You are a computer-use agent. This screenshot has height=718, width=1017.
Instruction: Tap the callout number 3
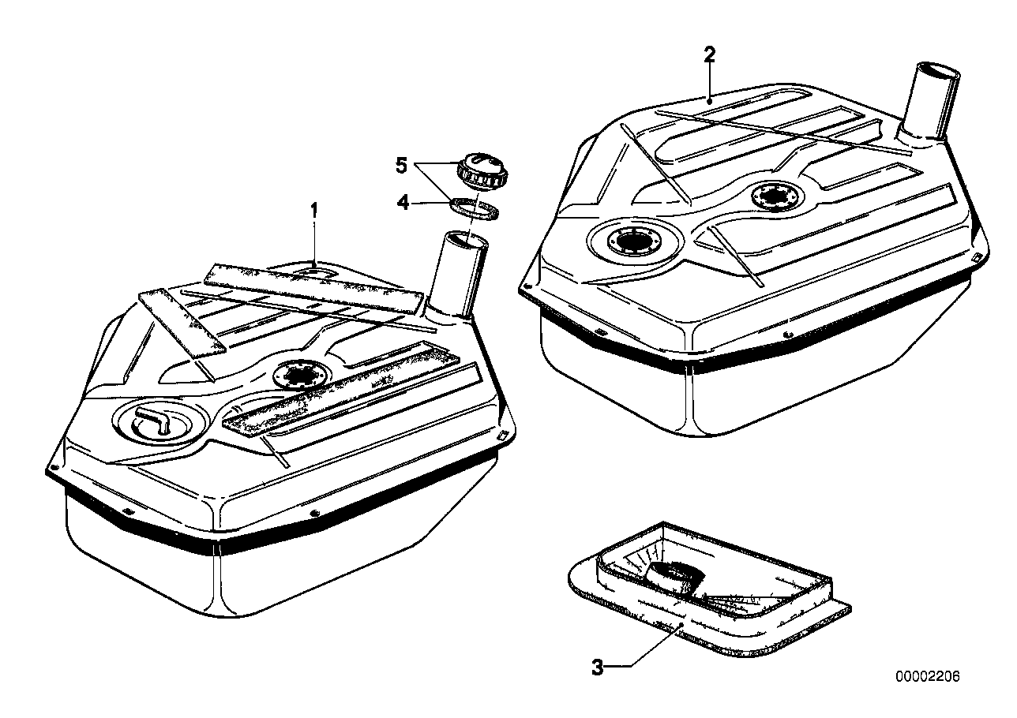click(x=597, y=668)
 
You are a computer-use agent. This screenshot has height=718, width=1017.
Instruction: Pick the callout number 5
click(x=402, y=166)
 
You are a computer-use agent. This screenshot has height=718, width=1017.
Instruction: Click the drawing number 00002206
click(x=927, y=677)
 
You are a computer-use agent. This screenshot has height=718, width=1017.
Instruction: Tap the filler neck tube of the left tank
click(x=458, y=272)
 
